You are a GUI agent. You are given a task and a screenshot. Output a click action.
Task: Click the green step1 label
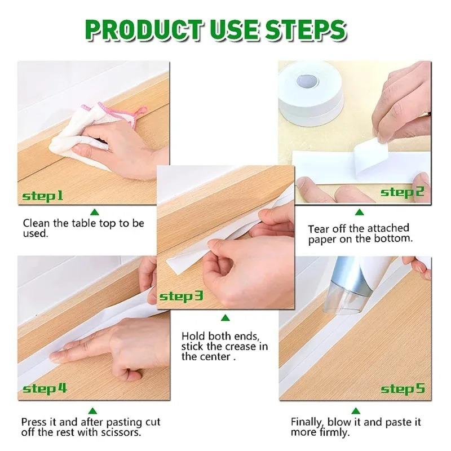[43, 196]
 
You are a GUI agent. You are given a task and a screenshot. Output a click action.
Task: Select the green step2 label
[402, 192]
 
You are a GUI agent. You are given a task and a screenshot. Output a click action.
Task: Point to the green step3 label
[181, 296]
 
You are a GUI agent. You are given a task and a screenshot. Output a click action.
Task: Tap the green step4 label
[45, 388]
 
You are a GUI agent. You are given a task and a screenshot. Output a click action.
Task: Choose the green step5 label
[402, 388]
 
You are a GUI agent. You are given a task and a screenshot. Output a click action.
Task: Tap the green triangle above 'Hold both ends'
[225, 318]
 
